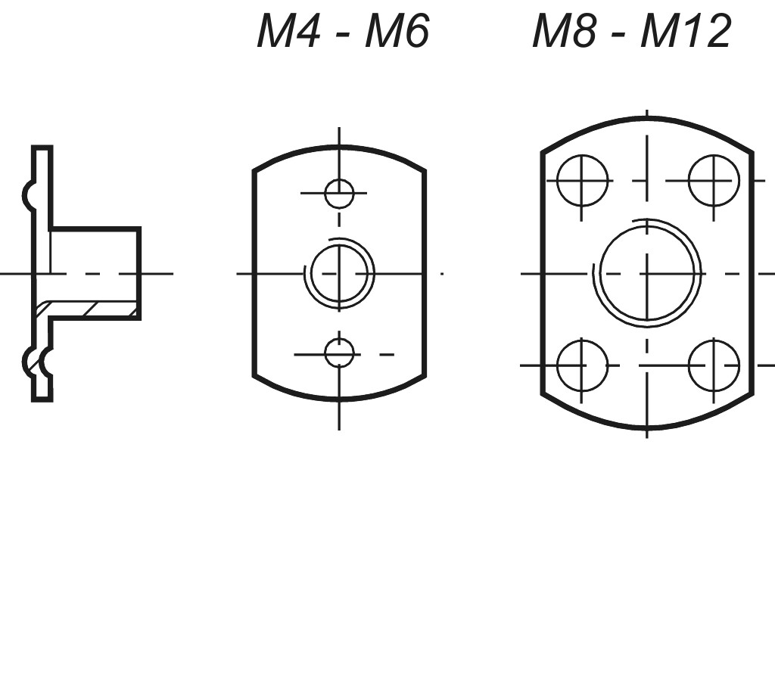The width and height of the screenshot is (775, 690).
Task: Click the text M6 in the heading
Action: click(397, 32)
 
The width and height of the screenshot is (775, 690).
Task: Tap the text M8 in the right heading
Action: click(560, 32)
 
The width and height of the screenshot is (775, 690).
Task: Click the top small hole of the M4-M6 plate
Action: click(339, 194)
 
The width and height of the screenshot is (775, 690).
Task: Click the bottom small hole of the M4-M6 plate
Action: click(339, 353)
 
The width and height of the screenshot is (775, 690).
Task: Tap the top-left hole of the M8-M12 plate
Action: click(582, 181)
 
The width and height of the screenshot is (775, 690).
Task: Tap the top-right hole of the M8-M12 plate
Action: click(714, 181)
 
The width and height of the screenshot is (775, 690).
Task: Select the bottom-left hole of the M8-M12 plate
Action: click(582, 365)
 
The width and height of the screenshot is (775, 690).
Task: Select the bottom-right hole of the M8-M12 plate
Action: click(714, 365)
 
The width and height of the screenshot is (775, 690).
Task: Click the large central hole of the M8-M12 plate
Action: click(647, 273)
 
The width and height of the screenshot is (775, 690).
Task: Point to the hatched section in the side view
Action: click(87, 309)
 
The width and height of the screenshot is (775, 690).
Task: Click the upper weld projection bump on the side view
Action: click(28, 195)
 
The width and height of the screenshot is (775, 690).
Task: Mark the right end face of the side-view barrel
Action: click(139, 272)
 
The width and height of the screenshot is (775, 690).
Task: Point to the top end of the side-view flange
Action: click(42, 148)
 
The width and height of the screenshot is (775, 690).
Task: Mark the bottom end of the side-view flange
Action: click(42, 398)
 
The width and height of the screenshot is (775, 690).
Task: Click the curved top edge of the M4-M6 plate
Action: click(339, 148)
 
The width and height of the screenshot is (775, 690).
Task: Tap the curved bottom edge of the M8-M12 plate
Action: click(647, 428)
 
